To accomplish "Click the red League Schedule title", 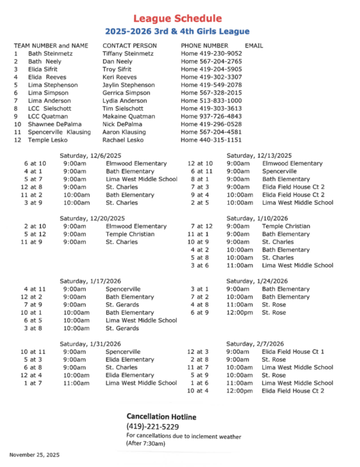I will point(177,19).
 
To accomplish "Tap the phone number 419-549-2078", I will point(211,85).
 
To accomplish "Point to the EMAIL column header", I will point(254,46).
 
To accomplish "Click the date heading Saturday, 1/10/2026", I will point(257,218).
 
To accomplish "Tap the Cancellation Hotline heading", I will point(162,417).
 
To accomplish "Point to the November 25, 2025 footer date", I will point(34,455).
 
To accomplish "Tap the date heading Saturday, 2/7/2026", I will point(255,344).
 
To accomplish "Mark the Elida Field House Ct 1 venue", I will point(293,351).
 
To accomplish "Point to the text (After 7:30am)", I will point(146,444).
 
